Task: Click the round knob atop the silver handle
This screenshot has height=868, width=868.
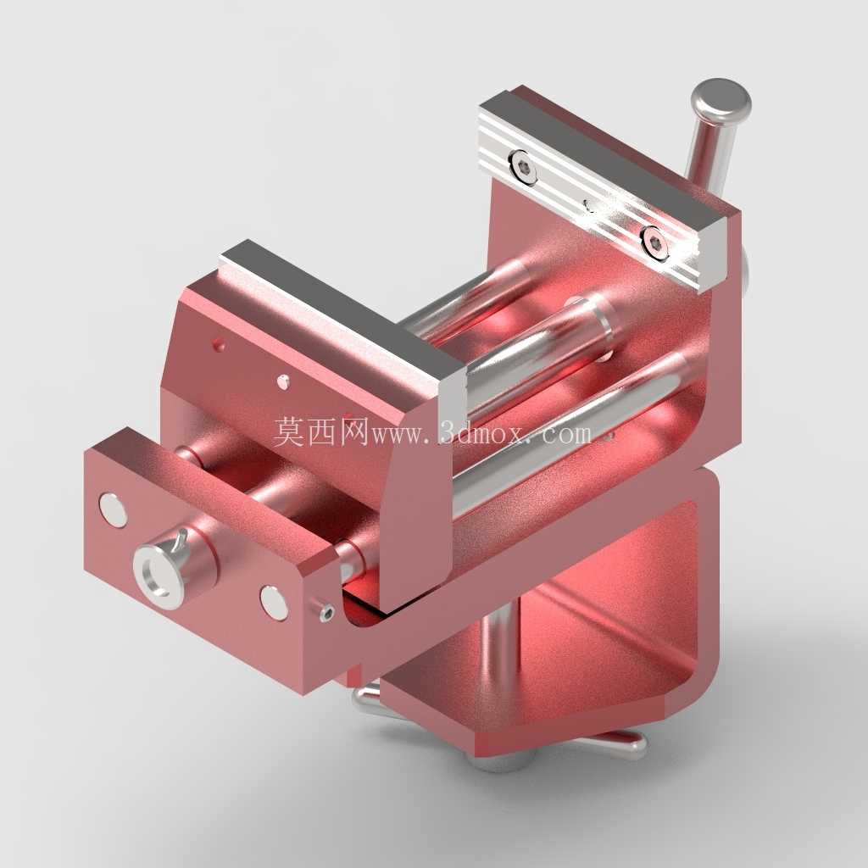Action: [x=721, y=103]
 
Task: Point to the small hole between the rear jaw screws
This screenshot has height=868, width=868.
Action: [x=590, y=206]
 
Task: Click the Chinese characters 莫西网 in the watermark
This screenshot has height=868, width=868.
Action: [x=321, y=431]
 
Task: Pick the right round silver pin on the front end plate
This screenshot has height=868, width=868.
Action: [x=274, y=603]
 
